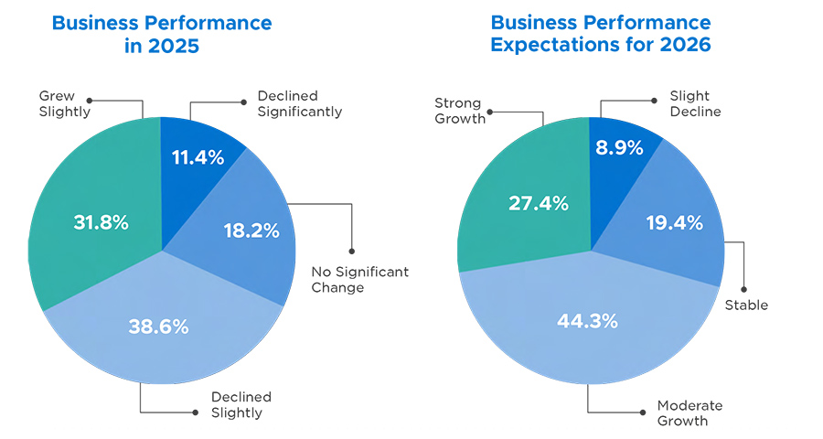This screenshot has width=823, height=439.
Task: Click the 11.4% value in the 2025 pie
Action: point(198,156)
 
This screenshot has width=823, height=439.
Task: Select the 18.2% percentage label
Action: point(251,230)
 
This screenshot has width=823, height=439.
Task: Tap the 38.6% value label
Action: point(158,326)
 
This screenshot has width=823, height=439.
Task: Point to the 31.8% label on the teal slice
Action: point(101,222)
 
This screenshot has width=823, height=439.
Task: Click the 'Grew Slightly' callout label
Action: point(64,103)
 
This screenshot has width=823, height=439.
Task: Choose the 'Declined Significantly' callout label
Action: point(299,103)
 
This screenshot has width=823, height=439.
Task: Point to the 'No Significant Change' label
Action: point(359,280)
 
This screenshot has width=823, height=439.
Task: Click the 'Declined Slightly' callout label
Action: point(240,404)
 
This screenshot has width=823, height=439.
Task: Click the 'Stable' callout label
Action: point(745,305)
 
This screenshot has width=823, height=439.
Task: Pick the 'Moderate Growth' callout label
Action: point(689,413)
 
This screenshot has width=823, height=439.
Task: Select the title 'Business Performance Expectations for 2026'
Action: point(600,34)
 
